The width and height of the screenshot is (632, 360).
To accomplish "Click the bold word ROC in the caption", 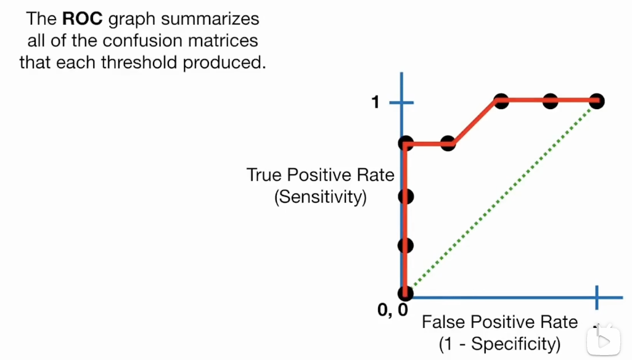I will click(83, 18).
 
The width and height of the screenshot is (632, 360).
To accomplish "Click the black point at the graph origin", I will click(405, 293).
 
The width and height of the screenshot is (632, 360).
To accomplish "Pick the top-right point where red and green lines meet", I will click(596, 101).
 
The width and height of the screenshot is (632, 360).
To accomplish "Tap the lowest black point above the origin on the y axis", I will click(405, 245).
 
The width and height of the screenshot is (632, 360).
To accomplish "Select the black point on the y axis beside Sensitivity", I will click(405, 197).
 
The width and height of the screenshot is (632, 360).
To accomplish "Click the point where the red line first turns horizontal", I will click(405, 144).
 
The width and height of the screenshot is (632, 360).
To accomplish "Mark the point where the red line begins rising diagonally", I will click(449, 144).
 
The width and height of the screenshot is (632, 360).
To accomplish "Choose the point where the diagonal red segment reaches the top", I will click(501, 101).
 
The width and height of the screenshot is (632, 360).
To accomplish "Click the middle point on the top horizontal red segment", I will click(550, 101).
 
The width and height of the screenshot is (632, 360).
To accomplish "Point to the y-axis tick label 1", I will click(376, 102).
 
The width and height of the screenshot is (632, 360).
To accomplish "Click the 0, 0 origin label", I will click(392, 310).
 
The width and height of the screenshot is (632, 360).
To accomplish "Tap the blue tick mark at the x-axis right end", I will click(596, 297).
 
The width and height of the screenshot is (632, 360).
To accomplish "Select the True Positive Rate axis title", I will click(320, 175).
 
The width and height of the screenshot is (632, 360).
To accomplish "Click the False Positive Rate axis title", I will click(499, 322).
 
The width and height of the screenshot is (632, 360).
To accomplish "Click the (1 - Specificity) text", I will click(499, 343).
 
